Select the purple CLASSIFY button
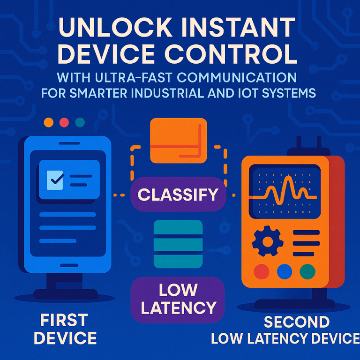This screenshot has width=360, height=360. point(178,194)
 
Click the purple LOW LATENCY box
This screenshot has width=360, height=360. point(178,299)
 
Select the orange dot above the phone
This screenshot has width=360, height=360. point(48,122)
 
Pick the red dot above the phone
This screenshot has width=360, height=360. point(64,122)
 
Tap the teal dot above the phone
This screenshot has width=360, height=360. point(80,122)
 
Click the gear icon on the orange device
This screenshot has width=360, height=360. point(267,242)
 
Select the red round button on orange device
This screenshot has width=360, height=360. point(261,271)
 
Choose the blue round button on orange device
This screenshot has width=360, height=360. point(285,271)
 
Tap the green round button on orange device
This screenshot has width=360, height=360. point(307,271)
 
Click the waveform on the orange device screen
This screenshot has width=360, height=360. point(286,190)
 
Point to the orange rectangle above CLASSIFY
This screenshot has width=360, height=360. point(178,140)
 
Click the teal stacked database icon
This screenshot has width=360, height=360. point(178,244)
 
